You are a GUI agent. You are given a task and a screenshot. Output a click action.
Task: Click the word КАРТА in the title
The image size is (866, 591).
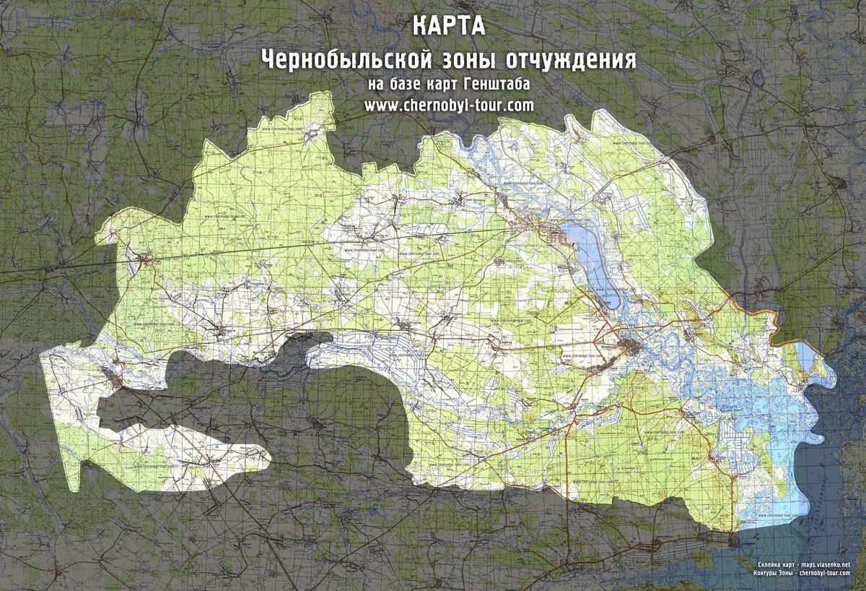449,26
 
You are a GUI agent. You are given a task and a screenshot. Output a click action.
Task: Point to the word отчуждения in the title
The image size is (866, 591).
569,59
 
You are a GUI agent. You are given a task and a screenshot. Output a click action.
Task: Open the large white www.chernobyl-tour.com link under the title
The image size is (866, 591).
449,105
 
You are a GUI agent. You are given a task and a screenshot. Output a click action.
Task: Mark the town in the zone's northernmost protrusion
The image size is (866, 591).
312,134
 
